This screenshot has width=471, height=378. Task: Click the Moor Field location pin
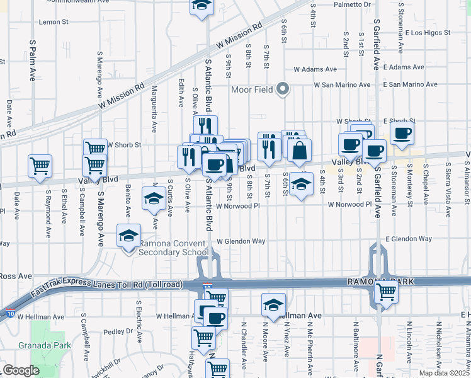pos(283,89)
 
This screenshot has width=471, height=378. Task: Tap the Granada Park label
pos(52,345)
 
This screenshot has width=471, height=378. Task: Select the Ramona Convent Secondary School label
pos(173,248)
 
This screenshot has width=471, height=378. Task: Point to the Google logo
pos(20,370)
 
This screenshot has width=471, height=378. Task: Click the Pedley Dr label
pos(116,331)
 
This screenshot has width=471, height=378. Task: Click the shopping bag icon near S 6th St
pos(299,149)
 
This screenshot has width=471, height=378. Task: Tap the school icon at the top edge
pos(201,6)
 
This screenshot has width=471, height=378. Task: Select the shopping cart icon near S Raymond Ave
pos(40,166)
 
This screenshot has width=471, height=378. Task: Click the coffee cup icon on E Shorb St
pos(402,133)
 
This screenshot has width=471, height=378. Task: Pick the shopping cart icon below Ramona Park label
pos(385,292)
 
